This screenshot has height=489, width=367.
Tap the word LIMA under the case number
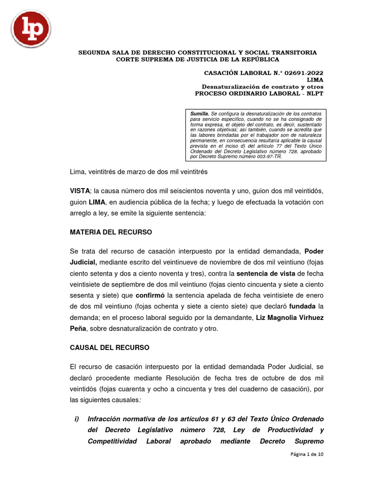[x=315, y=80]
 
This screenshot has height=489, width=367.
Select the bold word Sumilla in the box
[x=199, y=114]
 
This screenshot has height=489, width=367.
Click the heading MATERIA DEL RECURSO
[x=111, y=232]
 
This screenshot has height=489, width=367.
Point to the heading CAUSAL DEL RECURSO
[x=109, y=347]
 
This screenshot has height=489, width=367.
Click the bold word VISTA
[x=80, y=190]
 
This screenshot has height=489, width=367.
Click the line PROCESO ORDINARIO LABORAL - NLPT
[x=259, y=94]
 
